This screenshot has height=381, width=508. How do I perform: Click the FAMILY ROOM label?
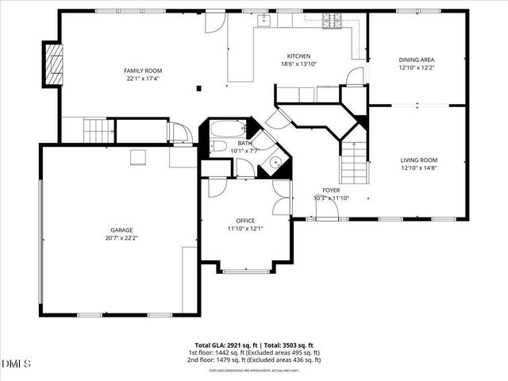[x=143, y=71]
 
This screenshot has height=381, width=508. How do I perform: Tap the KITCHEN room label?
[x=298, y=56]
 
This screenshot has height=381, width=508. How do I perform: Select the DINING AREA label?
[x=416, y=60]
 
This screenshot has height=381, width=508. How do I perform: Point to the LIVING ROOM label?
[x=418, y=160]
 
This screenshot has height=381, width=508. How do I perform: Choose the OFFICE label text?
[x=244, y=221]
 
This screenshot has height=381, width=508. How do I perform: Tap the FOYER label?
[x=331, y=190]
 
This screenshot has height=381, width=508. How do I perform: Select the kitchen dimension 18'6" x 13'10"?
[x=298, y=64]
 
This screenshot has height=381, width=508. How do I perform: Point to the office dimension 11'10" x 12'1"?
[x=244, y=229]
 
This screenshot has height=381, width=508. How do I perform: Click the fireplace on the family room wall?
[x=53, y=63]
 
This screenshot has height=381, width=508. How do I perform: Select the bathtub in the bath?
[x=229, y=129]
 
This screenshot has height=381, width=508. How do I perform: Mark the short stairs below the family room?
[x=95, y=129]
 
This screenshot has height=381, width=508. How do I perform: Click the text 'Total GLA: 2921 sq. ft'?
[x=223, y=345]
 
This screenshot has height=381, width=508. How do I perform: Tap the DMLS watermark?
[x=14, y=364]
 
